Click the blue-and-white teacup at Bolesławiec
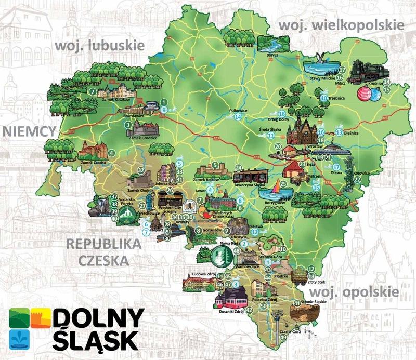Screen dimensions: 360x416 point(152,106)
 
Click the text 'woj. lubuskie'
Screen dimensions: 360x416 point(99,46)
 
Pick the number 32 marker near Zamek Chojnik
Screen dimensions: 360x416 point(141,169)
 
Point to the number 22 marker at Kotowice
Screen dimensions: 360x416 point(357,180)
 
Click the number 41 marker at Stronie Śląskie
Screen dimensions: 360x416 point(297,303)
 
